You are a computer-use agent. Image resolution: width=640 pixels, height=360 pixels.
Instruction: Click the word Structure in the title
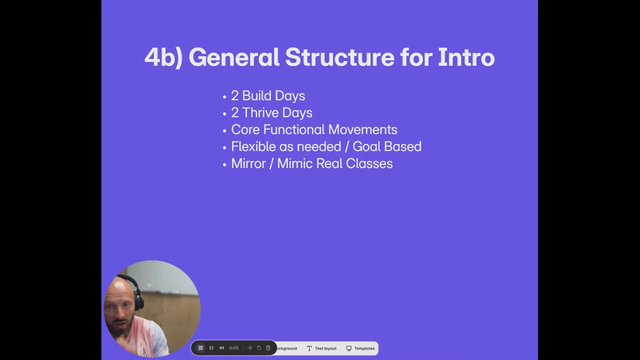click(340, 57)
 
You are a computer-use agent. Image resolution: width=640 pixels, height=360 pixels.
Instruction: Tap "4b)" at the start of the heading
click(163, 57)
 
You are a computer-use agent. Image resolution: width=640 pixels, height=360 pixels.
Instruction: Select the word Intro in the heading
click(466, 57)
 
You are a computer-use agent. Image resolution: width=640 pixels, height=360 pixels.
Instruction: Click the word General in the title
click(234, 57)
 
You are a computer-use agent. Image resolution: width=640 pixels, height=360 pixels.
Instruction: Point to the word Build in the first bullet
click(256, 95)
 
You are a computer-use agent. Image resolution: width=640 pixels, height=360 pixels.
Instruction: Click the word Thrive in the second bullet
click(260, 112)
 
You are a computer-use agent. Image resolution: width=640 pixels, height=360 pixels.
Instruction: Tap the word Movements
click(362, 129)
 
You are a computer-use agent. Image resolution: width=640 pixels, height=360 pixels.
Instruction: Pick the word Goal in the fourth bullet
click(366, 146)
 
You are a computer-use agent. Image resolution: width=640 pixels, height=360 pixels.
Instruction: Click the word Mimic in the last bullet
click(294, 163)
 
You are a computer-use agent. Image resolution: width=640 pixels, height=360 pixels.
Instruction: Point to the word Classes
click(369, 163)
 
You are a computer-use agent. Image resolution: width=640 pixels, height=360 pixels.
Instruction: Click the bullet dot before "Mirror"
click(224, 164)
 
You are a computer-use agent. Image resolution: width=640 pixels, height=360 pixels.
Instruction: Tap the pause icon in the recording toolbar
click(211, 347)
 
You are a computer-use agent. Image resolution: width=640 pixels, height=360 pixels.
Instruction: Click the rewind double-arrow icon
click(221, 347)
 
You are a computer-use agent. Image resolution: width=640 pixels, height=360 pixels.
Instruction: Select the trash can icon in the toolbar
click(268, 347)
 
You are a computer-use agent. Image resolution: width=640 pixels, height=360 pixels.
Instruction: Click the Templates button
click(360, 348)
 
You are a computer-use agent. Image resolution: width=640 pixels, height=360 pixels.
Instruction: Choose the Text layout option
click(321, 348)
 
